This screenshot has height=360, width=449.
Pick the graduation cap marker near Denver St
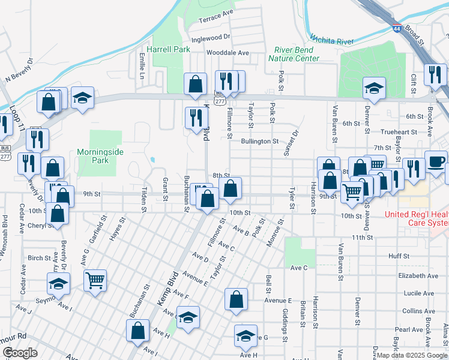(x=374, y=88)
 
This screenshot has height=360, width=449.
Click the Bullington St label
(x=260, y=142)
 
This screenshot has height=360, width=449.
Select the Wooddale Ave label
(x=228, y=53)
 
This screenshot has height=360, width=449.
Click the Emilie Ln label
(x=142, y=66)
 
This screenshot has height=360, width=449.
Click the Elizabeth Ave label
(x=418, y=276)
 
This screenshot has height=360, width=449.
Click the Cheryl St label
(x=40, y=226)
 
